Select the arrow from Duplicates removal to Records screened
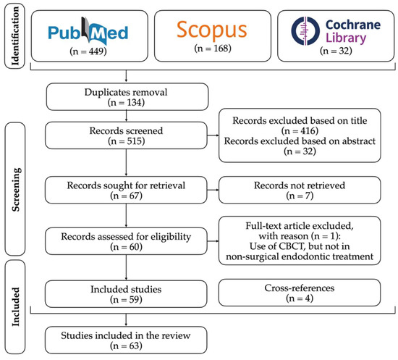(x=127, y=119)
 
